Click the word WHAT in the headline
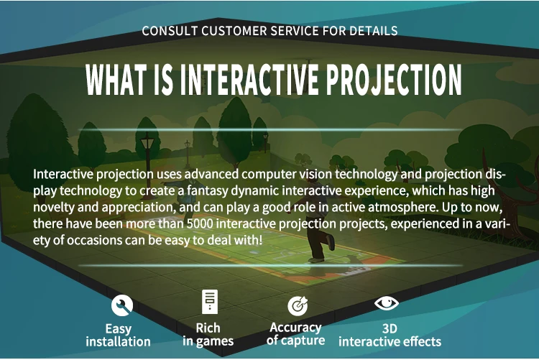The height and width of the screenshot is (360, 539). pyautogui.click(x=117, y=80)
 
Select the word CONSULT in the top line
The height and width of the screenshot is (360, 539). pyautogui.click(x=167, y=31)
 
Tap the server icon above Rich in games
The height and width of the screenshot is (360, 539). pyautogui.click(x=209, y=303)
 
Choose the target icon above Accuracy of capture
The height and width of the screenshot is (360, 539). pyautogui.click(x=297, y=305)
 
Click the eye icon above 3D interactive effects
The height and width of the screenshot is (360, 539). pyautogui.click(x=386, y=303)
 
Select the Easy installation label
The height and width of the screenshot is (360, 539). pyautogui.click(x=119, y=335)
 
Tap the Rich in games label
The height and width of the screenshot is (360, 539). pyautogui.click(x=208, y=335)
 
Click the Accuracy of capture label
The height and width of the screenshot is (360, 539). pyautogui.click(x=295, y=334)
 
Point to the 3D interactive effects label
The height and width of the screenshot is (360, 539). pyautogui.click(x=390, y=335)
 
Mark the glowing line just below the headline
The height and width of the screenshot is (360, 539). pyautogui.click(x=269, y=130)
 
